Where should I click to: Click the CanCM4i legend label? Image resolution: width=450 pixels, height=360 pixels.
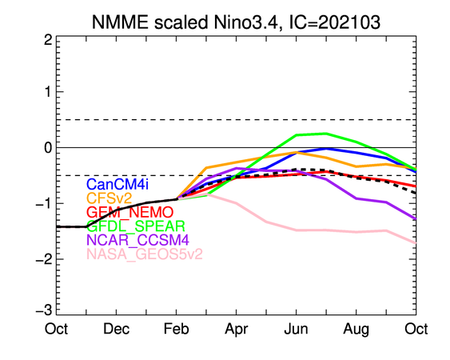[117, 184]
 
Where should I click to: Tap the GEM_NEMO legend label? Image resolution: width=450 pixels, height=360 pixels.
[130, 213]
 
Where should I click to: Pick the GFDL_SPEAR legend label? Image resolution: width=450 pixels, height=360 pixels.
[136, 226]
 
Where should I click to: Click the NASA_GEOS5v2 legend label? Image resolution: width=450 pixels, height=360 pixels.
[145, 254]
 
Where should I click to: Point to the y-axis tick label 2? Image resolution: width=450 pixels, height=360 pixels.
[48, 40]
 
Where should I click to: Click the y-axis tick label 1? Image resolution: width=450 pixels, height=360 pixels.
[49, 92]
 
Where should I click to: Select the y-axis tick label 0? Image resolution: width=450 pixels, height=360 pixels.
[48, 148]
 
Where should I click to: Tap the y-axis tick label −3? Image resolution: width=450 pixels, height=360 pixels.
[44, 310]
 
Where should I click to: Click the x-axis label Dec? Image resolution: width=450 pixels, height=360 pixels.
[116, 329]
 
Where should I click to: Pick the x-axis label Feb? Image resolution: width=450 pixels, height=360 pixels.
[176, 329]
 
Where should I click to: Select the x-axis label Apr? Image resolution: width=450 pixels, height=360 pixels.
[237, 330]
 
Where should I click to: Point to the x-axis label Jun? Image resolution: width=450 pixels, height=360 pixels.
[297, 329]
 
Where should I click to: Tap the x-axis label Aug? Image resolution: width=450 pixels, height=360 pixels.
[356, 330]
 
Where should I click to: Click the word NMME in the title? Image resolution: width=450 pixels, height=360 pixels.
[120, 22]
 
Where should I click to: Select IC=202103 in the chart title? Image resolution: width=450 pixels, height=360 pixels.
[335, 22]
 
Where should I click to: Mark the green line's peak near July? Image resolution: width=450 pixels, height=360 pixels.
[326, 134]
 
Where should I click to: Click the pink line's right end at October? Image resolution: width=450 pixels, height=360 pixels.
[416, 243]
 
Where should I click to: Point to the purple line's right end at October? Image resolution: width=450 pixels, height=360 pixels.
[416, 219]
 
